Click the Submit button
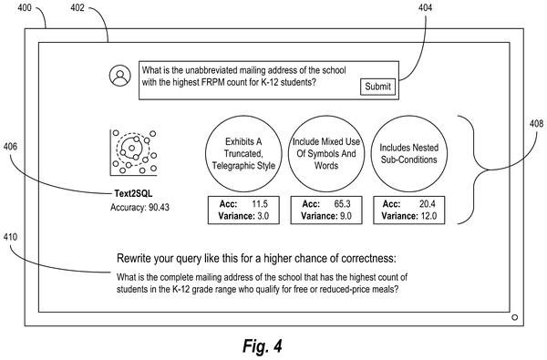378,87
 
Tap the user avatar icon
120,76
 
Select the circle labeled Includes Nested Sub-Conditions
408,154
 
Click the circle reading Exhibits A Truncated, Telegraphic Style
243,154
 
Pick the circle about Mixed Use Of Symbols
326,154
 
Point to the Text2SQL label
133,193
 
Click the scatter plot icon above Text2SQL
134,152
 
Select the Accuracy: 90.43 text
139,207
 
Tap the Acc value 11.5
260,204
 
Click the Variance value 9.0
345,216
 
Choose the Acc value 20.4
428,204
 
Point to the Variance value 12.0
428,216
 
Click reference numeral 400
25,7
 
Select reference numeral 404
425,7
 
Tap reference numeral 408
536,123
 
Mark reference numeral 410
10,237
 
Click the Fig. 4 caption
262,346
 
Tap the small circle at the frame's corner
514,317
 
